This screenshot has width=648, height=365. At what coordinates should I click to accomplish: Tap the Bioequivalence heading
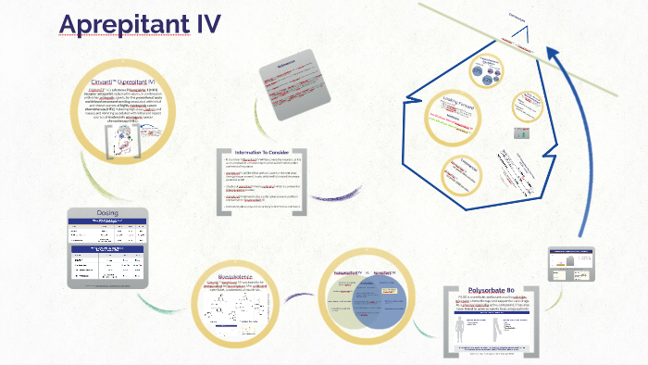pos(240,275)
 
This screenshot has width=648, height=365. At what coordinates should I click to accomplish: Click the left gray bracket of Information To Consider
pos(219,182)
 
